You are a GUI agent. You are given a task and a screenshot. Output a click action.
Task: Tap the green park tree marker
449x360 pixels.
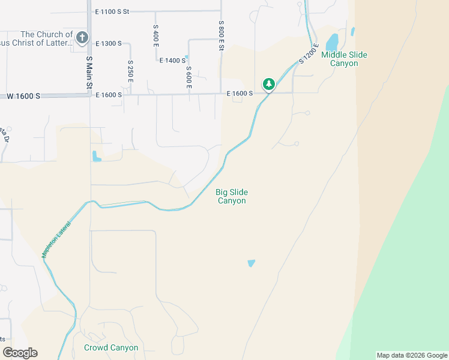(269, 83)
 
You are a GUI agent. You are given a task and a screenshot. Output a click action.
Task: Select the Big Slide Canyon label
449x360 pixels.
(232, 196)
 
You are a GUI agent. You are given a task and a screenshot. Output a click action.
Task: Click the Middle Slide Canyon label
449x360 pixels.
(344, 59)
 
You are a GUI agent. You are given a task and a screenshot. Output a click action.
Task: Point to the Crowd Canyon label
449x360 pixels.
(111, 348)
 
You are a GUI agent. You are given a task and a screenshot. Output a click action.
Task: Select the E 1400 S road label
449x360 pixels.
(172, 60)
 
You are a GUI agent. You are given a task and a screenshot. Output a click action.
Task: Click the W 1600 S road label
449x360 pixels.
(23, 96)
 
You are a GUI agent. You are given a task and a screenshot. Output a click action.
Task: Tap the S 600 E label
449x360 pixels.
(188, 77)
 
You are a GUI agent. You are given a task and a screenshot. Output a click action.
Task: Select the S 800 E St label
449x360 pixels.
(221, 35)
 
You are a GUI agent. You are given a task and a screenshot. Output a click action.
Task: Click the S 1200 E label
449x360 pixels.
(308, 53)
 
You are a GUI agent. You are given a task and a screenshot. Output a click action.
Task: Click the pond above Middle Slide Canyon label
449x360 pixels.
(331, 43)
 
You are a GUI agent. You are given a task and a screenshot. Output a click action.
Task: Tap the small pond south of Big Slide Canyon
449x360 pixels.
(251, 263)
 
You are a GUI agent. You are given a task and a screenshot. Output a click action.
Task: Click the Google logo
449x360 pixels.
(20, 353)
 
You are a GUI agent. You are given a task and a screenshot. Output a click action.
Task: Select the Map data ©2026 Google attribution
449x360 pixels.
(412, 355)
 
